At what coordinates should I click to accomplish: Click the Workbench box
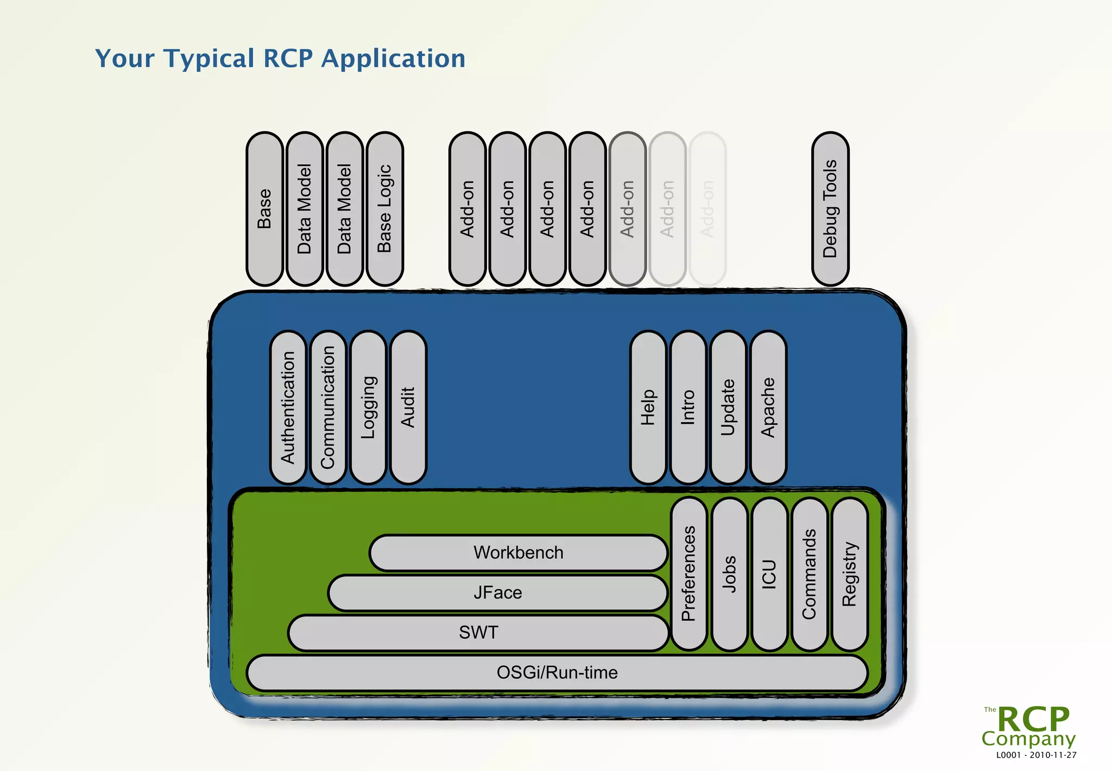coord(519,552)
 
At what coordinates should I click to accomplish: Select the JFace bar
coord(497,592)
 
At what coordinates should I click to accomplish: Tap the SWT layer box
coord(478,633)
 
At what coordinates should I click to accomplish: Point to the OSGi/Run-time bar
coord(557,673)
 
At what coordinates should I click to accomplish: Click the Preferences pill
coord(688,574)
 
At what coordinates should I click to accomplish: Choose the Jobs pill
coord(729,574)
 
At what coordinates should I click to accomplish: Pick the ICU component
coord(769,574)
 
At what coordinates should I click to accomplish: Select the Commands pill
coord(809,574)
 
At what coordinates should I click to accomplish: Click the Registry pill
coord(849,574)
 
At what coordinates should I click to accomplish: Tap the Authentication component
coord(288,407)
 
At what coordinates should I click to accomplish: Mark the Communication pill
coord(328,407)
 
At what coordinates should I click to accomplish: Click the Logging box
coord(368,407)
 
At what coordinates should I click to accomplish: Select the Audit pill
coord(408,407)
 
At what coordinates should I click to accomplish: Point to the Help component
coord(648,407)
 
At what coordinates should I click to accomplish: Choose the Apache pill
coord(768,407)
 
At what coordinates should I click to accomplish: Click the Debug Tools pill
coord(830,209)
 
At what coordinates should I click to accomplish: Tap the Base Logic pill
coord(384,209)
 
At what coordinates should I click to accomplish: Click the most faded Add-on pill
coord(707,209)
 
